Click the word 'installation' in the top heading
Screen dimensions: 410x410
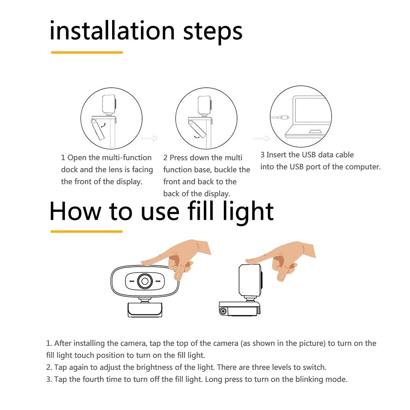[x=112, y=30]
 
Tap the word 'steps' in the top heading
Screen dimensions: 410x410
[x=213, y=32]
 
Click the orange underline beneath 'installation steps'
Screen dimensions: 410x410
[x=87, y=52]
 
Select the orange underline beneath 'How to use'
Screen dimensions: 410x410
[x=86, y=231]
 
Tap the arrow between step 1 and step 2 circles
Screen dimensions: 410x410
[x=150, y=138]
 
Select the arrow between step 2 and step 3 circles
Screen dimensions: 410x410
[x=261, y=138]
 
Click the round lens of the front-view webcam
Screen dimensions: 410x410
[x=145, y=281]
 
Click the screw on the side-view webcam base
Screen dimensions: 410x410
[x=223, y=311]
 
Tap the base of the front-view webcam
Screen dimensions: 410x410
[x=145, y=310]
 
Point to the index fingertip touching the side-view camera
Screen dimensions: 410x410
[x=248, y=260]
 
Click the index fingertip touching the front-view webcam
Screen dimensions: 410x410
[x=144, y=262]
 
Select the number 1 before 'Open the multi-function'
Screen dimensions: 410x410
[x=63, y=158]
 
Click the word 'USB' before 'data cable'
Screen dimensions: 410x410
[x=309, y=155]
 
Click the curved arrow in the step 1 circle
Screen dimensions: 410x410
[x=104, y=125]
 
